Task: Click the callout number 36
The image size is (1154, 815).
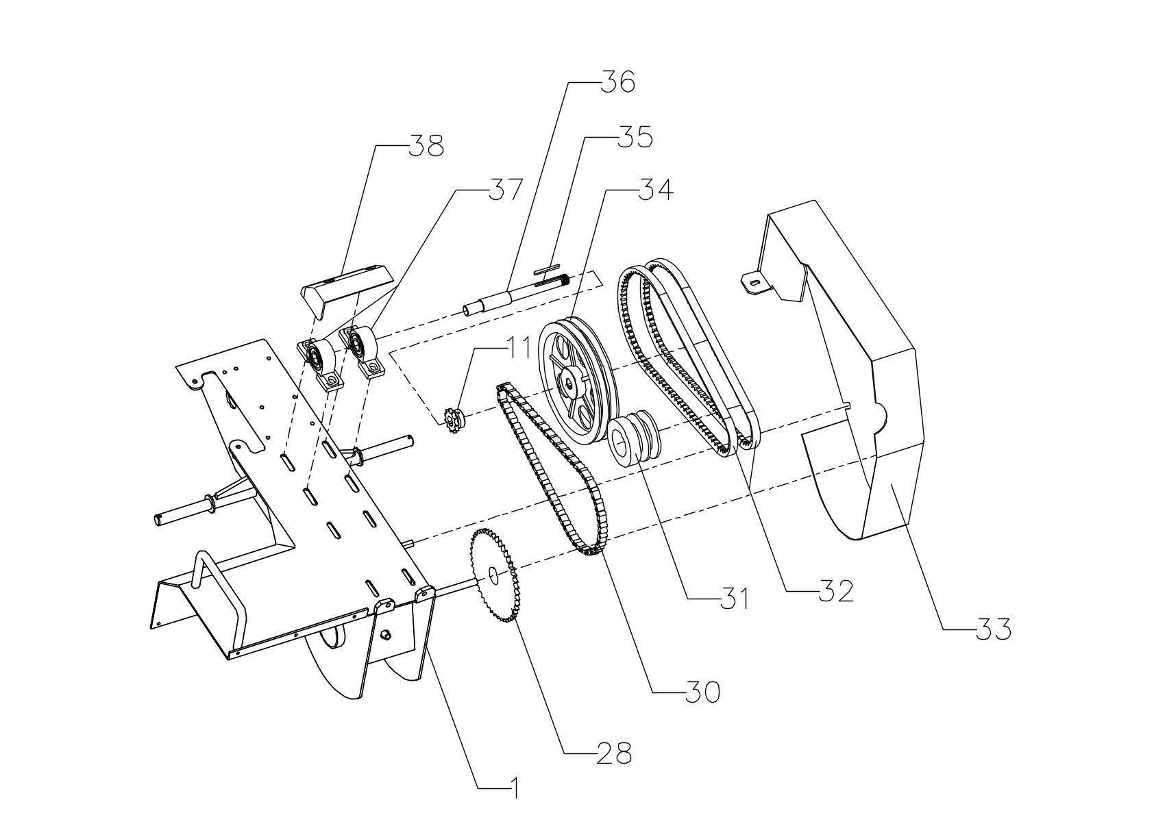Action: coord(618,81)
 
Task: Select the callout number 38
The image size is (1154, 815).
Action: coord(426,147)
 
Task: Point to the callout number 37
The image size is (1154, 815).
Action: coord(505,190)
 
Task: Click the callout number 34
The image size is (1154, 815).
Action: coord(655,190)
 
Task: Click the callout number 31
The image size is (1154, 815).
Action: coord(734,598)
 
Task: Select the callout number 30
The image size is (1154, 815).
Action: coord(702,692)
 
